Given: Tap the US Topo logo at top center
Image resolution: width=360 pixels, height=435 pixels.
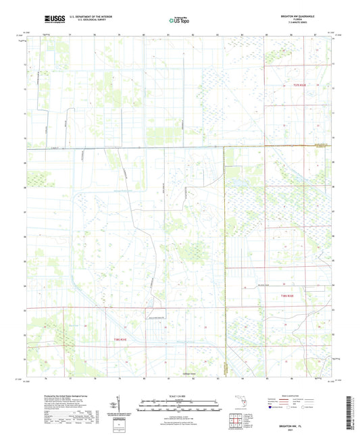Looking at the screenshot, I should pyautogui.click(x=180, y=21).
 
